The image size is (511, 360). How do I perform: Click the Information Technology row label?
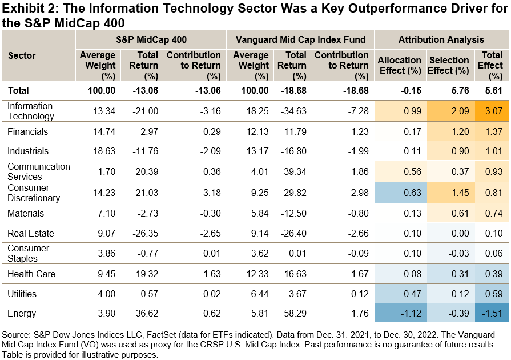click(31, 111)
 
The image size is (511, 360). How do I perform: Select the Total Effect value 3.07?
click(492, 111)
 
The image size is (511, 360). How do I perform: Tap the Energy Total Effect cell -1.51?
click(492, 313)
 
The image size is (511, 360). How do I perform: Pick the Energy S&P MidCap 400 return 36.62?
click(146, 313)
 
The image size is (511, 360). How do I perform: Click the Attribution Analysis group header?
click(441, 39)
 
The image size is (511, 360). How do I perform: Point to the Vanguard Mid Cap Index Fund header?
click(300, 39)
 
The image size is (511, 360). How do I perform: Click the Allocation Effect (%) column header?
click(400, 65)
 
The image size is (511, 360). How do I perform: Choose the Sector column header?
click(22, 55)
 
